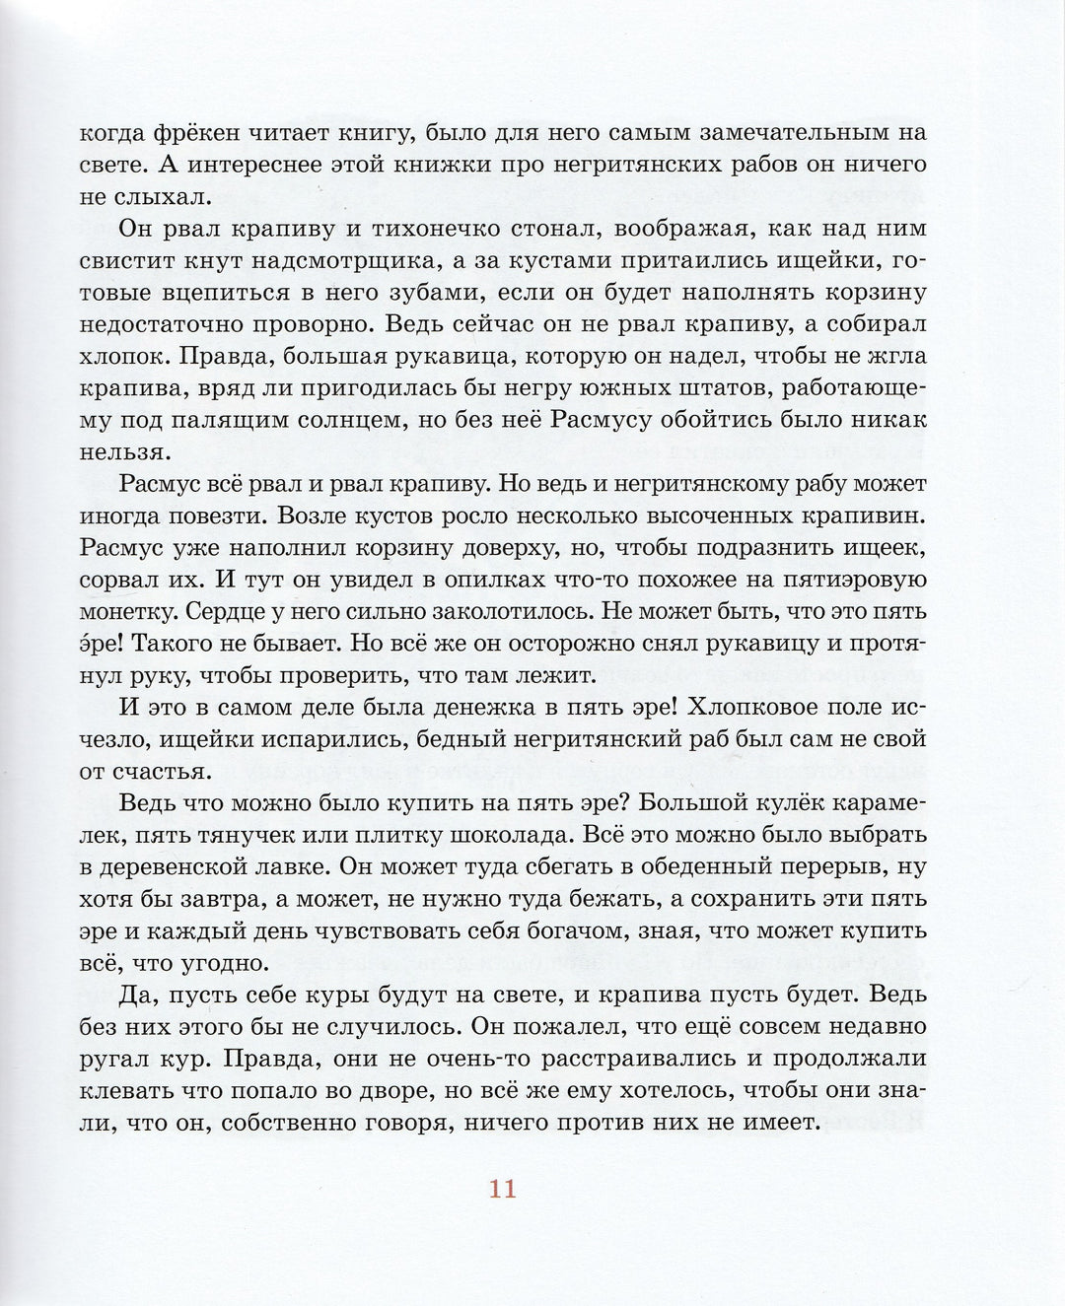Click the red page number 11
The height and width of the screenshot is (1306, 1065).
pyautogui.click(x=502, y=1189)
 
